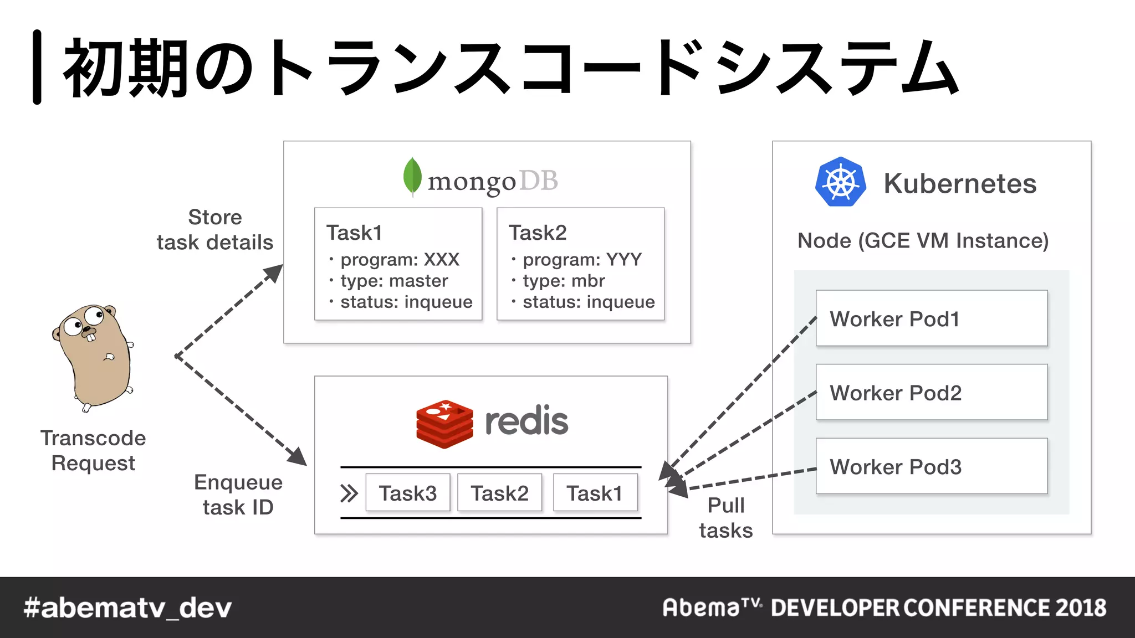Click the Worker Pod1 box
931,318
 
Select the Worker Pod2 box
931,392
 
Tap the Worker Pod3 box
931,466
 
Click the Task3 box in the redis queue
408,493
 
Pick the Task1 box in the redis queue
595,493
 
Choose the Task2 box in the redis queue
499,493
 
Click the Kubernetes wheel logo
840,182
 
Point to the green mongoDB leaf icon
412,177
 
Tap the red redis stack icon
444,424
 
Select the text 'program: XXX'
400,259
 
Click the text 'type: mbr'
564,281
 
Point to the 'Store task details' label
215,229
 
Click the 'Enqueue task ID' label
238,495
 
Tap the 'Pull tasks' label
725,518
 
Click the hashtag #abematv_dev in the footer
127,608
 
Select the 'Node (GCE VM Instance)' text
923,240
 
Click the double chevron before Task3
349,493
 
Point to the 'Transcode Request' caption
93,450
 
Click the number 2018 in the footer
1080,608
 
